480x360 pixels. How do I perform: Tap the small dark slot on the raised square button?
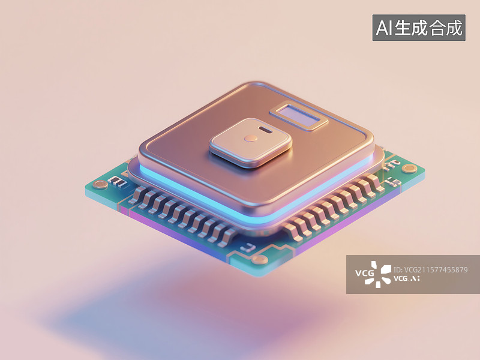pos(263,128)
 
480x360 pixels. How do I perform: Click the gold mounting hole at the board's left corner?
pos(100,184)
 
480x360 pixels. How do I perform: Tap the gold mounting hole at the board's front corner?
pos(260,260)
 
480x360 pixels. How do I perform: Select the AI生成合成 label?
pos(419,28)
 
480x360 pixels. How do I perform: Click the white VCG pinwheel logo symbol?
pos(379,274)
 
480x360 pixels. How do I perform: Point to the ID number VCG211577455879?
pos(430,270)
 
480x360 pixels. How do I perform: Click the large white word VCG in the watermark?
pos(364,275)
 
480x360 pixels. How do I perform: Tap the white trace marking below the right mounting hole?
pos(394,181)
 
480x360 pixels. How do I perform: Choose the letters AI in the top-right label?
pos(383,28)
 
